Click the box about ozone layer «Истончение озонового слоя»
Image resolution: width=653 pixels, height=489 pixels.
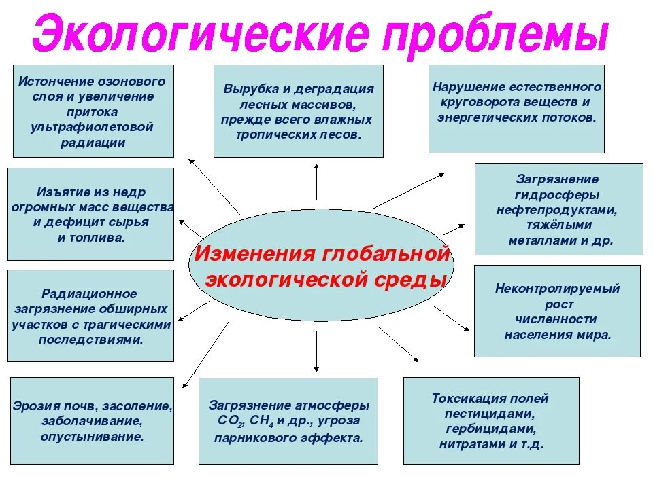(93, 111)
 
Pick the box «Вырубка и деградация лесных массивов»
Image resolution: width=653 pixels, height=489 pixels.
(298, 111)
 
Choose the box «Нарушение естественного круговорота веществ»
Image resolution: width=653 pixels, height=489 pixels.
(516, 109)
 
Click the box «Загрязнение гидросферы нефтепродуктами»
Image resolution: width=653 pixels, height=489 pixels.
(558, 209)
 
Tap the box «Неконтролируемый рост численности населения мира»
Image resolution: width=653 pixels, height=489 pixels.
(556, 310)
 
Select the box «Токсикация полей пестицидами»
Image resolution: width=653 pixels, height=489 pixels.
(490, 421)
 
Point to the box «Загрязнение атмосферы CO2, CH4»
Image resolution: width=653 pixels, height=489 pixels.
(288, 421)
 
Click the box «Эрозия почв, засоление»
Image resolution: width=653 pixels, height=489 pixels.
(93, 421)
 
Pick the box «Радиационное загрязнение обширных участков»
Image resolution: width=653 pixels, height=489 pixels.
(90, 316)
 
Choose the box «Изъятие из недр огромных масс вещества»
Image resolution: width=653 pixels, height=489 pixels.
(90, 215)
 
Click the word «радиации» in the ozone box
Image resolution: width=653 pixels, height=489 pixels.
(93, 143)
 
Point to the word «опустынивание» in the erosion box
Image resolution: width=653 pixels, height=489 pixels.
(92, 437)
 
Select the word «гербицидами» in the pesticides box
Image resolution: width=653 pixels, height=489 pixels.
(490, 429)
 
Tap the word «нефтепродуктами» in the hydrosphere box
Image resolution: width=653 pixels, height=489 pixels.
(557, 210)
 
